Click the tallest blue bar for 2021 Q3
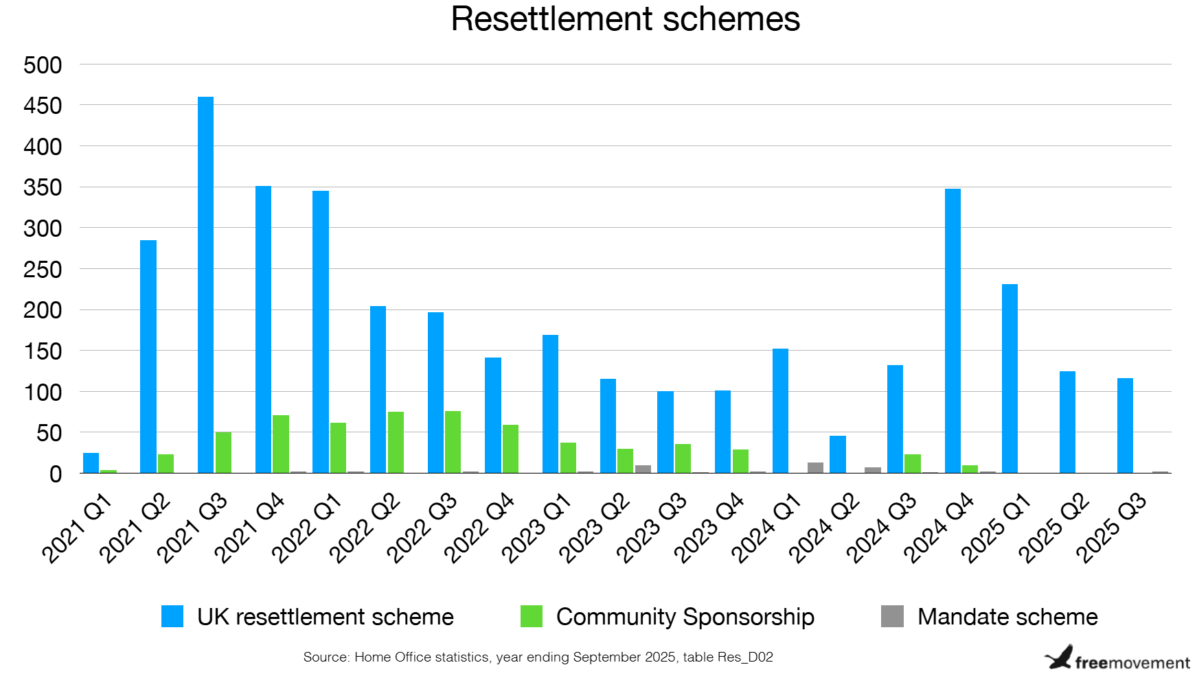pos(205,285)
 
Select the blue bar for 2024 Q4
pos(953,331)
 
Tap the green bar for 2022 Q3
pos(453,442)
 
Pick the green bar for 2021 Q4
pos(280,444)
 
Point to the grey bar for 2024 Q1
pos(815,468)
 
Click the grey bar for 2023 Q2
pos(643,469)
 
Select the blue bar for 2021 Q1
pos(91,463)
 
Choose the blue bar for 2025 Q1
pos(1010,378)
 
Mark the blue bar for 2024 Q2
pos(837,454)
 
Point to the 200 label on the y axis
pos(43,310)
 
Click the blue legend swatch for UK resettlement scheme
pos(172,616)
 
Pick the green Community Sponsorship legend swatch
pos(532,616)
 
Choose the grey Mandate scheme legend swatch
pos(892,616)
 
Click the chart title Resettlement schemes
pos(625,19)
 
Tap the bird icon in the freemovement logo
pos(1059,657)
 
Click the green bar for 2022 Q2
pos(396,443)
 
